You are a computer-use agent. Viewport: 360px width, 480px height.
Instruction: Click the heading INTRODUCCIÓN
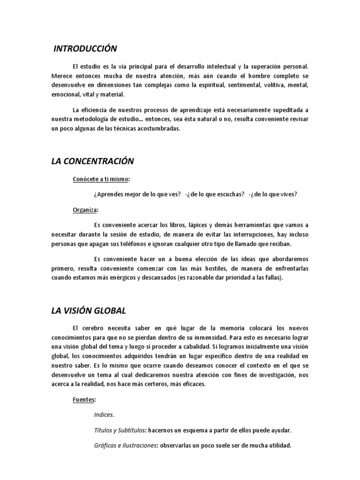[x=85, y=49]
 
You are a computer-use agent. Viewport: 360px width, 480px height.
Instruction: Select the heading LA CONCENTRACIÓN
[x=92, y=161]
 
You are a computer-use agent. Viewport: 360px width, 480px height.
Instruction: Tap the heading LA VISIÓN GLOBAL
[x=89, y=311]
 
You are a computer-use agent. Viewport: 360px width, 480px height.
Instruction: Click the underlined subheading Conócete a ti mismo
[x=100, y=179]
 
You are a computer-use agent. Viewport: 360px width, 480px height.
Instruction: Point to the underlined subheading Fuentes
[x=84, y=400]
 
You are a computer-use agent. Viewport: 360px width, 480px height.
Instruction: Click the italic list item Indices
[x=104, y=415]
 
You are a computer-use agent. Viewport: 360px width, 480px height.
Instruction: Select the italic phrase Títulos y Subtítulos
[x=119, y=430]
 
